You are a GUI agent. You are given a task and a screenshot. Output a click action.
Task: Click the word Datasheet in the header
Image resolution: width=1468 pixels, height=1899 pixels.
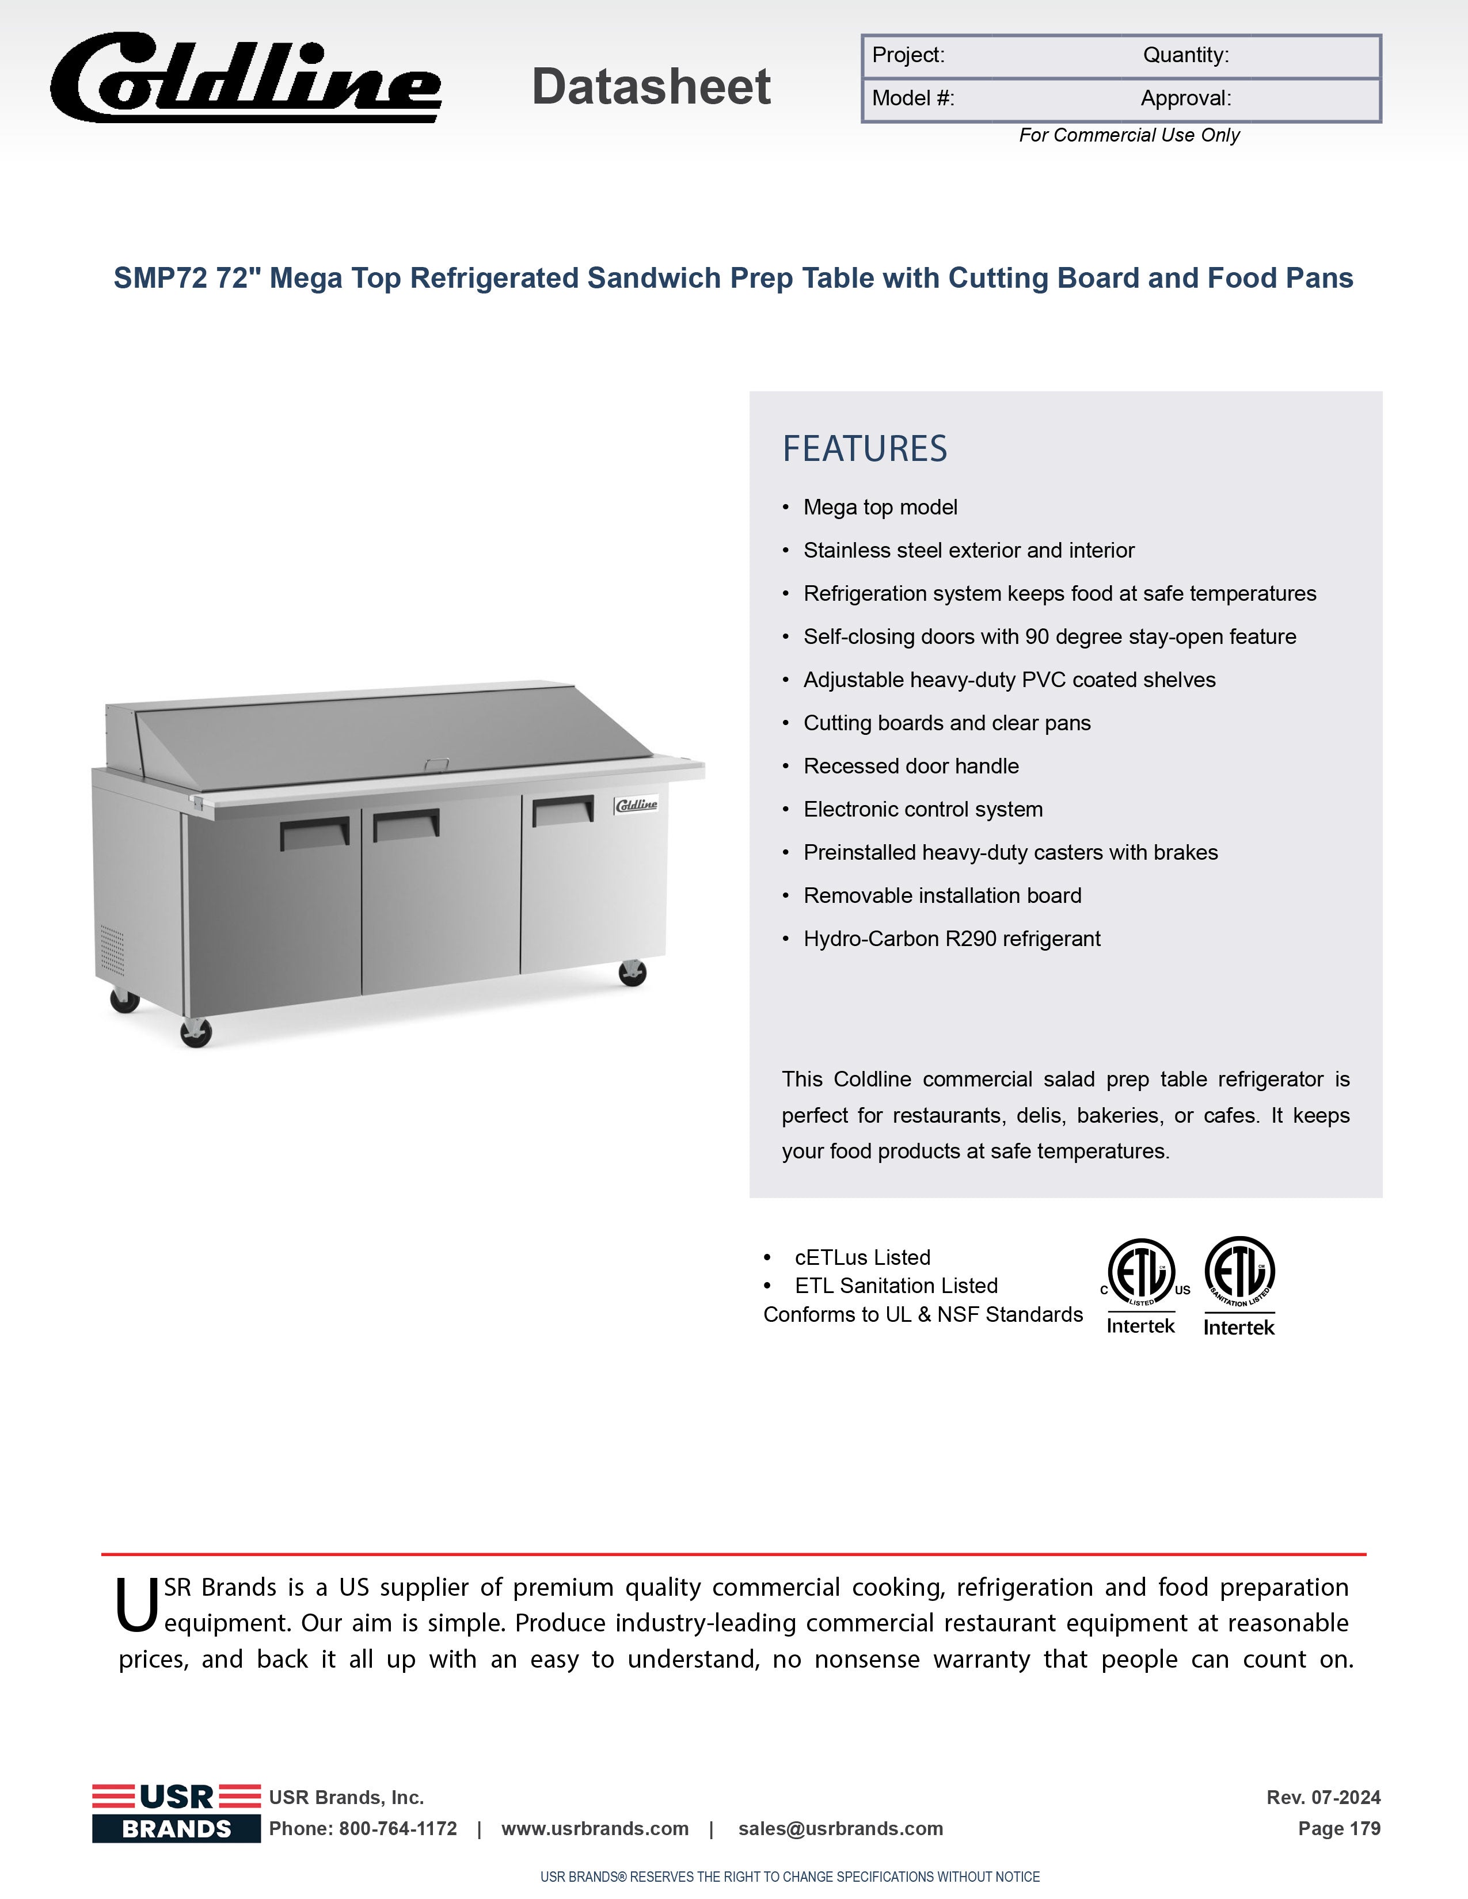click(x=651, y=87)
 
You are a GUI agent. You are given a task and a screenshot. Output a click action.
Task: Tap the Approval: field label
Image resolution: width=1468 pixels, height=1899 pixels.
click(x=1185, y=98)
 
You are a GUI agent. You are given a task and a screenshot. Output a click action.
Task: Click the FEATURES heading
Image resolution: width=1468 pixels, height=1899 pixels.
click(x=865, y=449)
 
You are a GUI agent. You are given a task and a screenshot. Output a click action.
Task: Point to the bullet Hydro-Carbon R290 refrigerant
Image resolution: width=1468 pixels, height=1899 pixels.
click(x=952, y=939)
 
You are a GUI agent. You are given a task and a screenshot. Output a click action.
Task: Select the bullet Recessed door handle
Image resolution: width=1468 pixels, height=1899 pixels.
click(x=911, y=766)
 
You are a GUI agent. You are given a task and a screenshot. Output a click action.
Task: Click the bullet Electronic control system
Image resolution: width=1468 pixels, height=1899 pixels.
click(x=923, y=810)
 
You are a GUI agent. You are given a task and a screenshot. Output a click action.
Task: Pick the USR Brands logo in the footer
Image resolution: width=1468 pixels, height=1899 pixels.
click(x=177, y=1813)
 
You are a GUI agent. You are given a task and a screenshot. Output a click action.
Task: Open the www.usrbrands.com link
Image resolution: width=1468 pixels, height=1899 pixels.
click(x=595, y=1829)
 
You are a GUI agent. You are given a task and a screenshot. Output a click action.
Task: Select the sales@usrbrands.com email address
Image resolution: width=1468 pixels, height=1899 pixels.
click(x=840, y=1829)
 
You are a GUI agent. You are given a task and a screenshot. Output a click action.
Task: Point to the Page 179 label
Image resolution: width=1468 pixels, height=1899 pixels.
click(x=1338, y=1829)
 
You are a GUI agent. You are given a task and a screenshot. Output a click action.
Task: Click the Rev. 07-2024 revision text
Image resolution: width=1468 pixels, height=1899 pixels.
click(x=1323, y=1797)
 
